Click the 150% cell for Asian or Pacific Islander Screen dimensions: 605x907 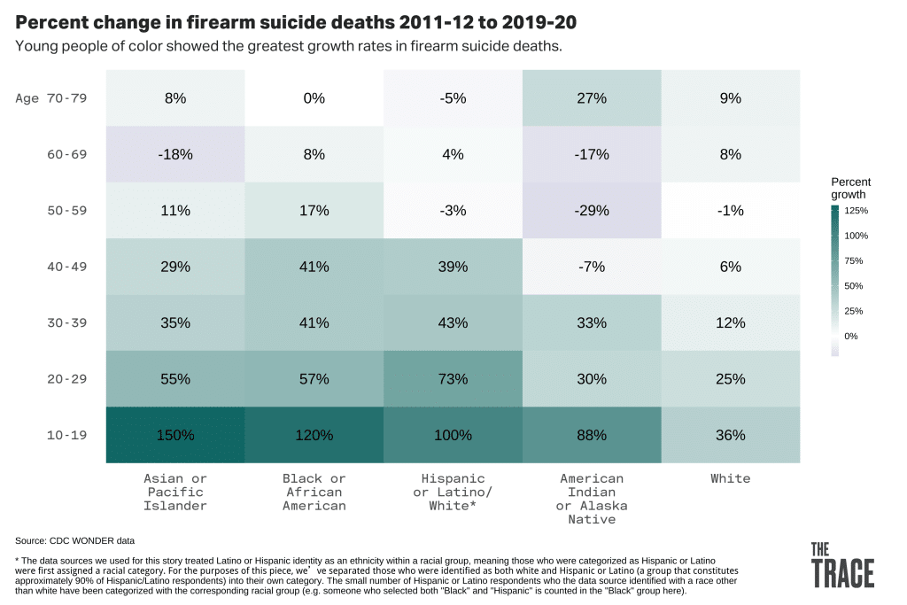tap(175, 435)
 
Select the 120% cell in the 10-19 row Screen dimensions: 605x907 tap(314, 435)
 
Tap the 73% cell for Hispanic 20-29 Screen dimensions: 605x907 tap(453, 379)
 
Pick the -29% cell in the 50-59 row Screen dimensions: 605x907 tap(592, 211)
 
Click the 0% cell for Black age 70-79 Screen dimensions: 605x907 tap(314, 98)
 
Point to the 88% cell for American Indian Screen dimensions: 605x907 tap(592, 435)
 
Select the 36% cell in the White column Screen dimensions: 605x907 tap(731, 435)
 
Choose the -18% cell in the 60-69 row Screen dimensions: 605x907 tap(175, 155)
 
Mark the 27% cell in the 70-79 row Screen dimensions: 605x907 tap(592, 98)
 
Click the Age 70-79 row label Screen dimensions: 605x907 tap(51, 98)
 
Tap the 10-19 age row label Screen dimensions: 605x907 tap(66, 435)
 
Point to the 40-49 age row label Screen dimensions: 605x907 tap(66, 267)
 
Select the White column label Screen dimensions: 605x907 tap(731, 478)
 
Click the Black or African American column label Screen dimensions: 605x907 tap(314, 492)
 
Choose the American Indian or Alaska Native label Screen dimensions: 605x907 tap(592, 498)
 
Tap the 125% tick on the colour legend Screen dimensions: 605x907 tap(857, 211)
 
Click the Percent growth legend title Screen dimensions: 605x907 tap(849, 188)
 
